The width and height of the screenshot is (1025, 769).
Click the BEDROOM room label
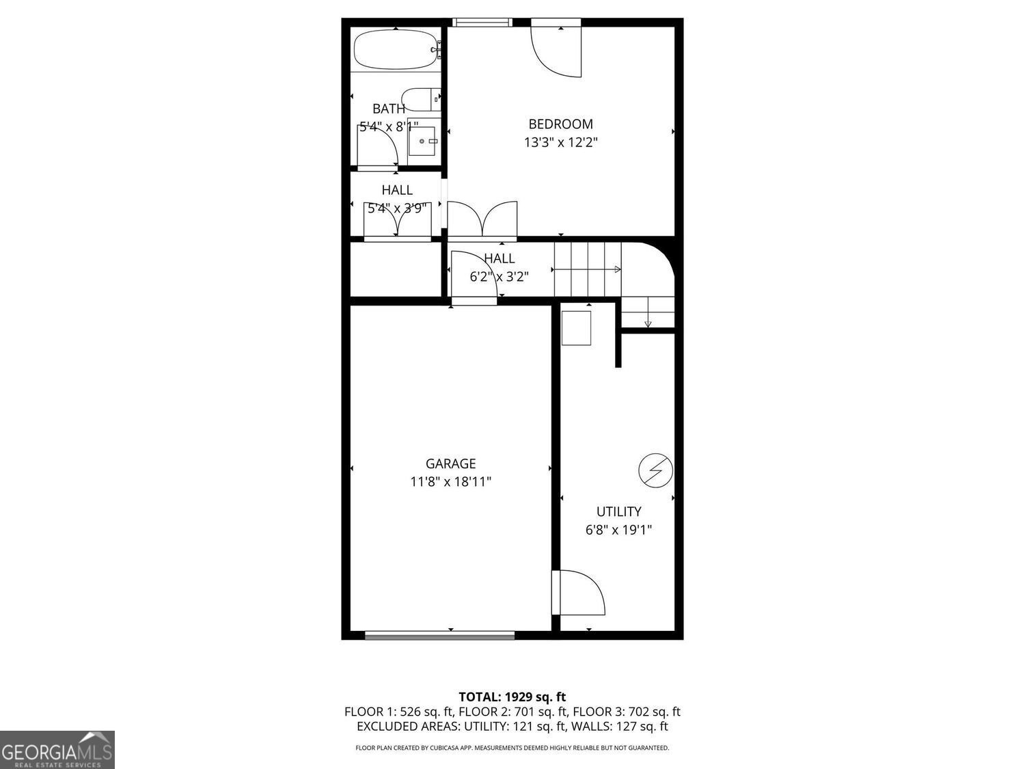(560, 124)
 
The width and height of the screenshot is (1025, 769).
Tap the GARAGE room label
(450, 463)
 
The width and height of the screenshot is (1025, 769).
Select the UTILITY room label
(618, 511)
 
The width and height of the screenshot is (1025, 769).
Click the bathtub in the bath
(395, 49)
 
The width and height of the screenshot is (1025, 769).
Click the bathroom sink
(424, 141)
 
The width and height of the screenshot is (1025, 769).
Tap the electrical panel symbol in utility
(655, 470)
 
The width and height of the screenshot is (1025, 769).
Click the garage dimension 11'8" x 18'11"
(450, 481)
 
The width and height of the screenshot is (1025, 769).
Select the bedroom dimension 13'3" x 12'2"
(560, 142)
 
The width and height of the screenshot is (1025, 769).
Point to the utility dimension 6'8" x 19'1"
(618, 529)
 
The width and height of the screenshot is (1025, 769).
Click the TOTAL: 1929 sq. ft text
(512, 697)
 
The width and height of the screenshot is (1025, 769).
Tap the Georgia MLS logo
(57, 750)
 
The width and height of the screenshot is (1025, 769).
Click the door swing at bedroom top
(556, 51)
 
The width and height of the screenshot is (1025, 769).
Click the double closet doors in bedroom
(482, 219)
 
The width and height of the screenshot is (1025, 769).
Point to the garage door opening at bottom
(440, 635)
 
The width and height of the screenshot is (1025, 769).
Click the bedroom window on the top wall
(482, 23)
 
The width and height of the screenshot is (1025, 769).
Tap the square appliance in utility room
(576, 328)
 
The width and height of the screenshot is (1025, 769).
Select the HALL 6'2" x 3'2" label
(499, 267)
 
